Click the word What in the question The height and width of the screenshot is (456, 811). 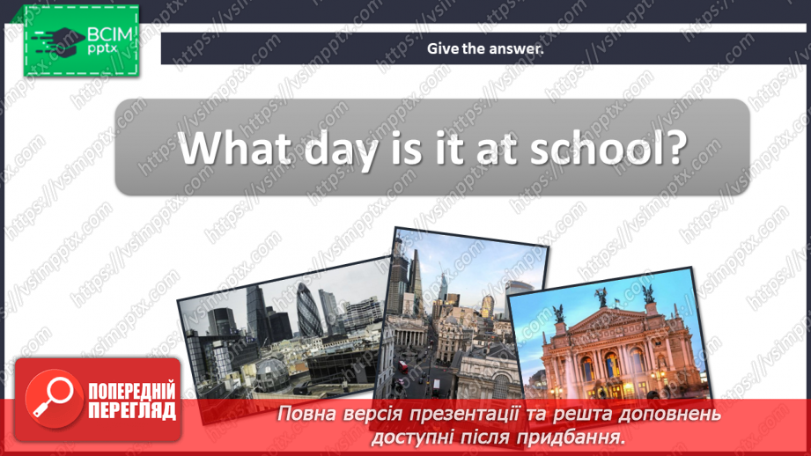tap(228, 147)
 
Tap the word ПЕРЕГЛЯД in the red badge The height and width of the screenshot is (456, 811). tap(132, 410)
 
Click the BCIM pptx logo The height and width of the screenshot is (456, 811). tap(82, 40)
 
